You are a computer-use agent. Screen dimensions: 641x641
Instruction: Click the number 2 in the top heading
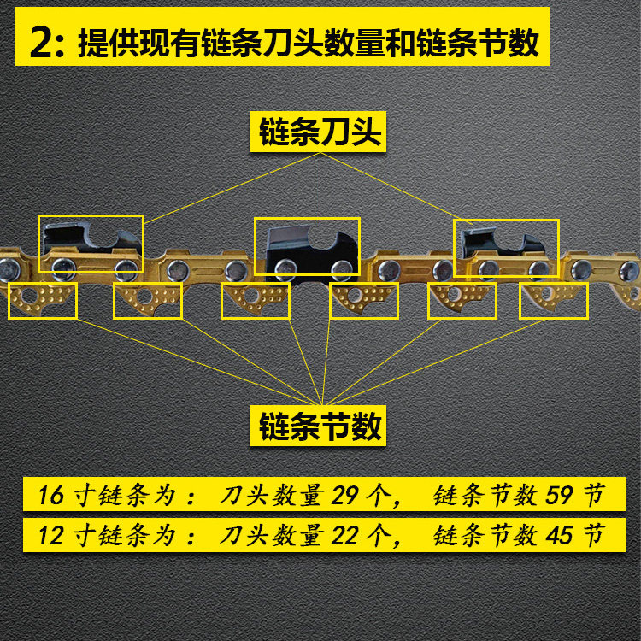pyautogui.click(x=40, y=44)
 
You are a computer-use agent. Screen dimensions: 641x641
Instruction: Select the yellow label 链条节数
pyautogui.click(x=320, y=426)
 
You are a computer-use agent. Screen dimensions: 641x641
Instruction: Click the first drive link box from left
pyautogui.click(x=42, y=301)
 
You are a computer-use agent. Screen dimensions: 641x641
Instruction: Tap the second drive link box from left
pyautogui.click(x=147, y=301)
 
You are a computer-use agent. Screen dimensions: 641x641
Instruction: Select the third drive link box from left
pyautogui.click(x=255, y=301)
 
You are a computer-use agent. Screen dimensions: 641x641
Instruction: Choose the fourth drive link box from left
pyautogui.click(x=363, y=301)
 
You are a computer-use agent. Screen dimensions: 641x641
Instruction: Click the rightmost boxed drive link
pyautogui.click(x=554, y=301)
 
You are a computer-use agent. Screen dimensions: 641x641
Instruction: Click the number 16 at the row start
pyautogui.click(x=52, y=496)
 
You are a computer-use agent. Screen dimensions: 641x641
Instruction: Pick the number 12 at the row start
pyautogui.click(x=52, y=536)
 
